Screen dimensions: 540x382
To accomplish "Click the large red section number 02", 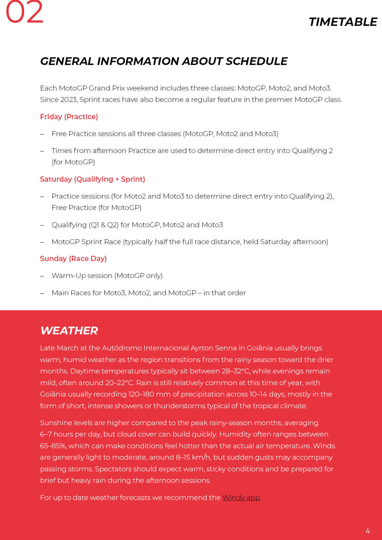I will [x=25, y=12].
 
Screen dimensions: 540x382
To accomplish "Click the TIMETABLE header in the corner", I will [x=343, y=22].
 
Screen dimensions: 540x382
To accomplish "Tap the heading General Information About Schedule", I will [x=164, y=61].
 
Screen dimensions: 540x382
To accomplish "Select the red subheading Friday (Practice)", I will [x=69, y=117].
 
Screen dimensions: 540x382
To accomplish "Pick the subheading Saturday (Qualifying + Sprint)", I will [x=92, y=179].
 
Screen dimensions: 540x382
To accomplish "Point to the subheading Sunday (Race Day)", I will [x=73, y=259].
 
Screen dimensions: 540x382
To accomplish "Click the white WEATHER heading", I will [x=69, y=331].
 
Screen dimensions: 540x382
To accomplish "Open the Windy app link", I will [x=242, y=498].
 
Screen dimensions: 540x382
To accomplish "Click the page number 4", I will [x=368, y=530].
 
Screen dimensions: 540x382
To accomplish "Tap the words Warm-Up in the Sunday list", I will [x=69, y=276].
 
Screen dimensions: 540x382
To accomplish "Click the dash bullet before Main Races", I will [x=42, y=293].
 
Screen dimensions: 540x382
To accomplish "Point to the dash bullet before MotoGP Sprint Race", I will [x=42, y=242].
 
